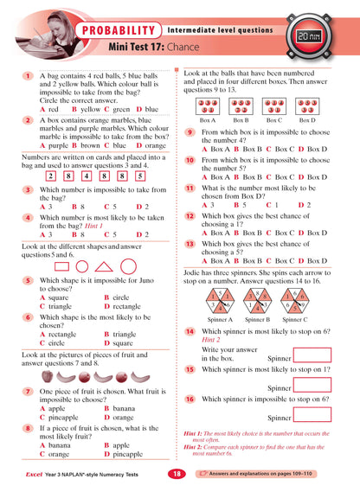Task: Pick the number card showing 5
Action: (138, 176)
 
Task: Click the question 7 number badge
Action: (29, 392)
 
